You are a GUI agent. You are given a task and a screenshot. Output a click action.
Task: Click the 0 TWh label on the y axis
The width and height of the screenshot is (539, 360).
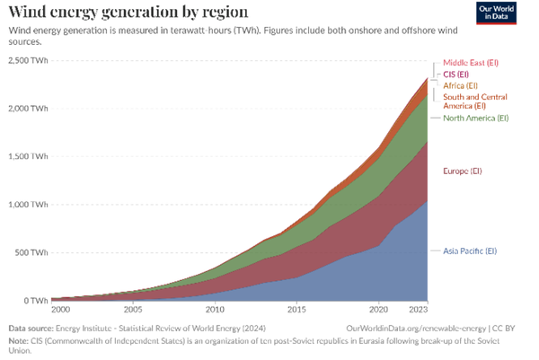(x=36, y=300)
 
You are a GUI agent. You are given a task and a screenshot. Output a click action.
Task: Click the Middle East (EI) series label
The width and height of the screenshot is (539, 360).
(x=471, y=63)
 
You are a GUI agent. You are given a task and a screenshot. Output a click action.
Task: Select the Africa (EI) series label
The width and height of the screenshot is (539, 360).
(x=461, y=84)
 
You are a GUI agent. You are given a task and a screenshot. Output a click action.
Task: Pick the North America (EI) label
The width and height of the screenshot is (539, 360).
(x=475, y=118)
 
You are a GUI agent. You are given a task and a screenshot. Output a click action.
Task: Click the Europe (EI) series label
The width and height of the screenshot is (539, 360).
(x=463, y=171)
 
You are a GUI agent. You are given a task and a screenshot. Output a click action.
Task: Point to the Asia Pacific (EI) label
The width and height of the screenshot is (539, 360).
(x=470, y=250)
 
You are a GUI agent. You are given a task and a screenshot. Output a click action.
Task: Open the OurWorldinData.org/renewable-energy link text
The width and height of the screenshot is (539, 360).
(x=420, y=329)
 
